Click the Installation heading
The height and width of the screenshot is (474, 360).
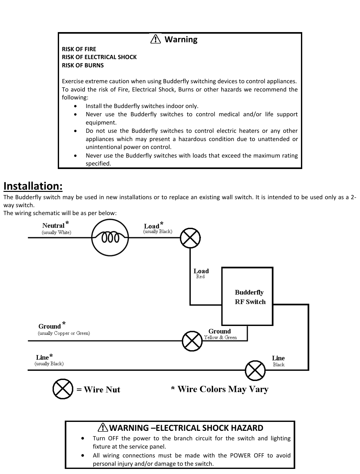(x=33, y=186)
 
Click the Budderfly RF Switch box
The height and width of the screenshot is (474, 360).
(x=247, y=296)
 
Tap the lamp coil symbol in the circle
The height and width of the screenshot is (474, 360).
(x=110, y=237)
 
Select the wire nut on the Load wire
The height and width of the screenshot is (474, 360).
(x=190, y=238)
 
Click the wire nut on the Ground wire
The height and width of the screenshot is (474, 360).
(x=192, y=341)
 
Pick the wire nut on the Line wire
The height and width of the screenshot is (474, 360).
(x=255, y=370)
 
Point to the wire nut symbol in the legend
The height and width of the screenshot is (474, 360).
(x=63, y=389)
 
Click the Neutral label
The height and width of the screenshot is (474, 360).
(x=53, y=226)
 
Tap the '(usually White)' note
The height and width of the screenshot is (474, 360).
(x=57, y=232)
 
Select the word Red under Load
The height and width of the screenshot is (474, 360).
(x=200, y=277)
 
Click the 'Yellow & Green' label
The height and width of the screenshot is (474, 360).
(x=220, y=337)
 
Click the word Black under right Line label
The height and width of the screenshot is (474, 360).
(x=279, y=364)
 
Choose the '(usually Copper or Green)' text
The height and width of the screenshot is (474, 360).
(x=64, y=333)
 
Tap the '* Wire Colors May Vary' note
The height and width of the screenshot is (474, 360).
(x=220, y=389)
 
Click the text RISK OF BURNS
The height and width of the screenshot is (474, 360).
(x=83, y=65)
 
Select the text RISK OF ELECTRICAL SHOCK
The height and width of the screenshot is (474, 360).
(x=99, y=57)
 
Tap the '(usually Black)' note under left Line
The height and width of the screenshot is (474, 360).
(x=49, y=363)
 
